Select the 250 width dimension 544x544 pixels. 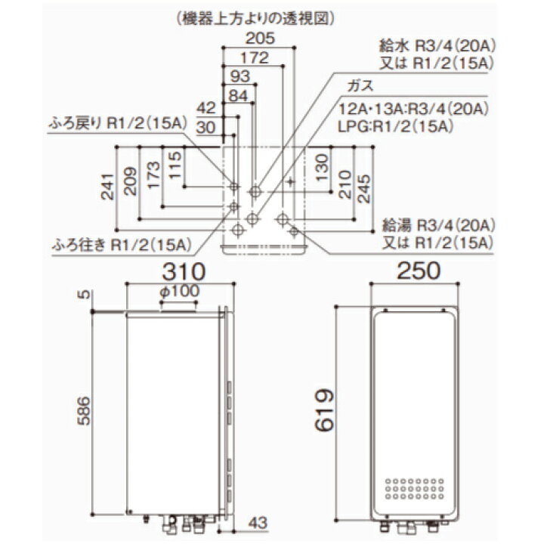tap(419, 270)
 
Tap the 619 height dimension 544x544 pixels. tap(324, 410)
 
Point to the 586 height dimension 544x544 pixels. tap(84, 411)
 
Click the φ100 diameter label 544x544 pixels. tap(180, 291)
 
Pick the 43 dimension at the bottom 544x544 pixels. tap(258, 523)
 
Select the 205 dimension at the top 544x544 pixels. tap(260, 39)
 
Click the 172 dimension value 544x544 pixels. tap(255, 57)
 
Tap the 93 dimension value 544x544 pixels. tap(240, 76)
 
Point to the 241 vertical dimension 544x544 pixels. tap(107, 187)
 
